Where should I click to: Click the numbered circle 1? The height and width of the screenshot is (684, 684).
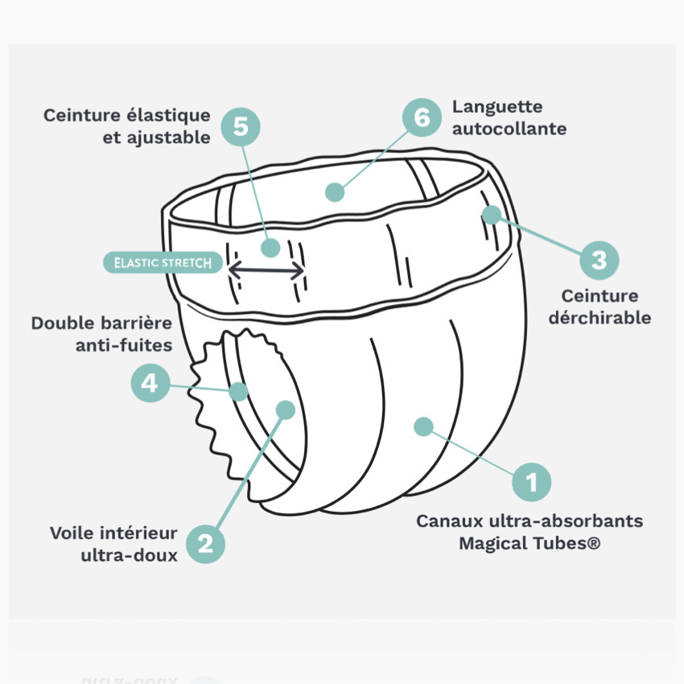531,482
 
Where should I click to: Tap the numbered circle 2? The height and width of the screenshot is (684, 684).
205,544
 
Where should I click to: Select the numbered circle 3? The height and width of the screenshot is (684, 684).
600,261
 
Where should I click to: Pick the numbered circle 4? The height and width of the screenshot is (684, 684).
150,383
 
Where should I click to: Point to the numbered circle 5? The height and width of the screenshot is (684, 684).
241,127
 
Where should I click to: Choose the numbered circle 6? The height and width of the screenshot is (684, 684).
422,117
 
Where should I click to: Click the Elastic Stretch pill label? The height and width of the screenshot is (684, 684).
163,262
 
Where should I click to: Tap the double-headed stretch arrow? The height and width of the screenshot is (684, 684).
266,270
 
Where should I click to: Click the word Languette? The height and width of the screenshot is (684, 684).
497,107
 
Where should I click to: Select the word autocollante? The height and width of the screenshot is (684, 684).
509,129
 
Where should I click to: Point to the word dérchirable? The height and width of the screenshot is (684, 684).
600,318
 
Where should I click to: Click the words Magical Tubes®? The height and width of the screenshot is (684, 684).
529,543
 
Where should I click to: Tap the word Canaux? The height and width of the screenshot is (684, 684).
450,521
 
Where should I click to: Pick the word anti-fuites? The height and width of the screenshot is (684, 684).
124,345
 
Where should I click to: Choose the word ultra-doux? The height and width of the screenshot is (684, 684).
129,555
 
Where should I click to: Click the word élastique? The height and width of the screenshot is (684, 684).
168,116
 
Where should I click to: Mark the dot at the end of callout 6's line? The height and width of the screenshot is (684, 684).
335,192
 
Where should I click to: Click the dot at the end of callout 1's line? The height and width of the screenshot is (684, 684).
423,426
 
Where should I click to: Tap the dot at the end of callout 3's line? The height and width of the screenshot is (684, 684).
492,215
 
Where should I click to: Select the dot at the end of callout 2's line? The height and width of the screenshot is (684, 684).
286,410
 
